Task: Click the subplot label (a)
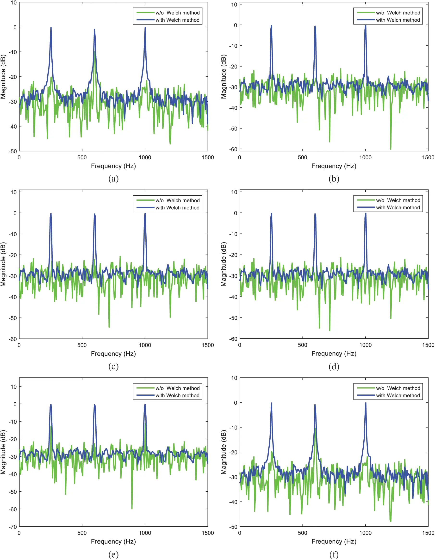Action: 113,179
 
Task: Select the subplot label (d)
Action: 334,367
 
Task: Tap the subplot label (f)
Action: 334,555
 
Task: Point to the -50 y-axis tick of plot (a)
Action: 13,151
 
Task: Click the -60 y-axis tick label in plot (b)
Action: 233,149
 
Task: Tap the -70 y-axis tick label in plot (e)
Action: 13,527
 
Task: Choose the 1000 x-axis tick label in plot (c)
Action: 145,345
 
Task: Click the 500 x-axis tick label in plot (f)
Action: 303,533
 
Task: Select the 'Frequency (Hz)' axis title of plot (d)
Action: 334,354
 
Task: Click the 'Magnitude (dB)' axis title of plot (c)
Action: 3,264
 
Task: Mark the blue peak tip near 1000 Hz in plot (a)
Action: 145,27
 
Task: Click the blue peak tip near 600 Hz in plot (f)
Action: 315,405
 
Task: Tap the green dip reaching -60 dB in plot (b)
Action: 391,149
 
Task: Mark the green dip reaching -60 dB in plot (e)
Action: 132,509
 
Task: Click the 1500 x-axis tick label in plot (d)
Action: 428,345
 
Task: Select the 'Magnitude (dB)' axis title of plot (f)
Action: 224,452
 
